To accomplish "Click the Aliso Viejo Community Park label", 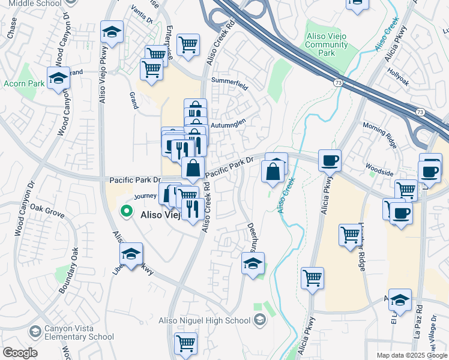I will (x=328, y=45).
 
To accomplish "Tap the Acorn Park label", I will (x=23, y=83).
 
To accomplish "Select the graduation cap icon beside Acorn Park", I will (x=58, y=79).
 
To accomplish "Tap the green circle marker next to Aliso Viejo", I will (x=126, y=211).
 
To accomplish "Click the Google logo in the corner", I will (x=20, y=353).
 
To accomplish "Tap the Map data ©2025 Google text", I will (x=411, y=355).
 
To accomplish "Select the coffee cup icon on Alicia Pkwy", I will (x=330, y=161).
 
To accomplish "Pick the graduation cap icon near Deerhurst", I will (x=253, y=263).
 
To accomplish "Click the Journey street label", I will (x=145, y=196).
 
